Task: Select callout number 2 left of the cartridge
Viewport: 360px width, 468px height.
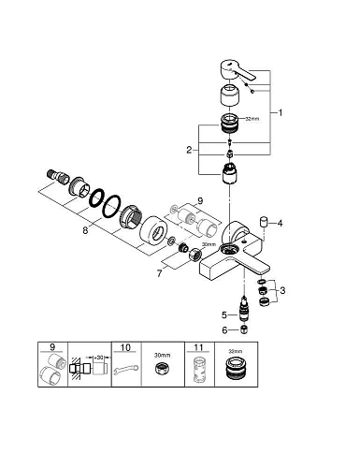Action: [191, 149]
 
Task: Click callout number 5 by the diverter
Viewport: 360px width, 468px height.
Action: [224, 314]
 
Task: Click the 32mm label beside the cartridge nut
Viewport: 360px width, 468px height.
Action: [252, 120]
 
